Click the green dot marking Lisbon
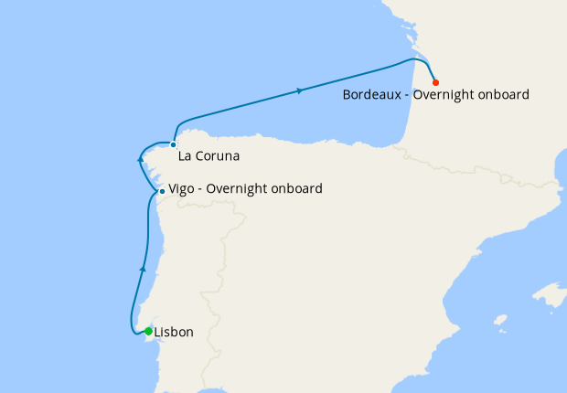148,331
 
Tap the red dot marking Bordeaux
435,81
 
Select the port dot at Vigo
162,192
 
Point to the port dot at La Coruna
173,144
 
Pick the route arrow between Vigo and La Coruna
140,160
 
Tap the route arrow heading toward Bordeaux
300,90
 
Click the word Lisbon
174,332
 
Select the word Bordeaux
374,94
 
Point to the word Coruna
218,156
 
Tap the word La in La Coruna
186,156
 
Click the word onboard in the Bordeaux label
506,94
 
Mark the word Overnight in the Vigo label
241,189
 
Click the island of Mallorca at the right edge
551,295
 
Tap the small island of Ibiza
499,321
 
